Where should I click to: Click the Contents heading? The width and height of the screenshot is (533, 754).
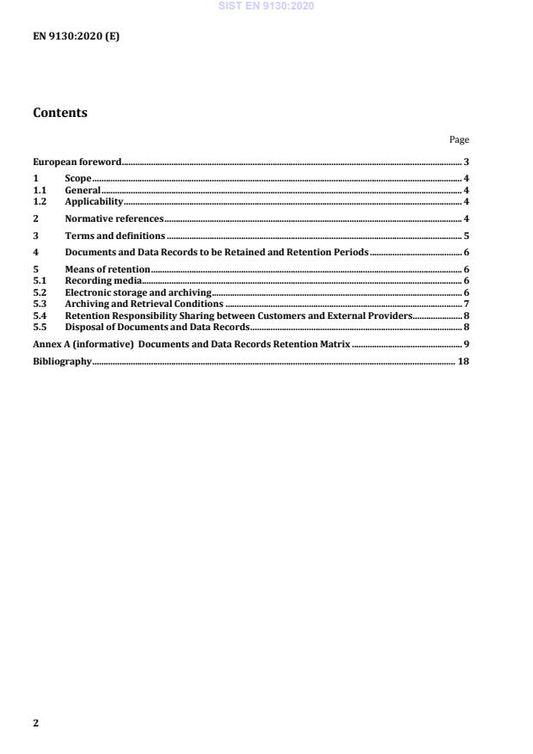59,113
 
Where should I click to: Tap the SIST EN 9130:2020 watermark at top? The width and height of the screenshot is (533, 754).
266,6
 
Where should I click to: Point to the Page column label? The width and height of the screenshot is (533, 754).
459,139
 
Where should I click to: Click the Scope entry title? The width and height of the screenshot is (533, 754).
78,178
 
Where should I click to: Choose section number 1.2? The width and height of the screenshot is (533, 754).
39,200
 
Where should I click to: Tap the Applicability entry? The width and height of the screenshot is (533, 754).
89,200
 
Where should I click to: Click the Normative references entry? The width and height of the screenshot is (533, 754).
114,218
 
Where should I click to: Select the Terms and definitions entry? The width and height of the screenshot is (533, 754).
115,236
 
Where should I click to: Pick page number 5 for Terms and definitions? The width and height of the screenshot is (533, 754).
466,236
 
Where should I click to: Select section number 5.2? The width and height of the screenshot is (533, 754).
39,292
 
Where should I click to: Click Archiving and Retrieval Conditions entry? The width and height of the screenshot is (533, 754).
144,303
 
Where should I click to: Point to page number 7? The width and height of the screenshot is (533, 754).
466,303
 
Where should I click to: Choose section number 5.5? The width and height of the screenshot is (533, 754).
39,326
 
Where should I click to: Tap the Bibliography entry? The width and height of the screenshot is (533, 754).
62,362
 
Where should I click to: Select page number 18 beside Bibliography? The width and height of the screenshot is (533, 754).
463,362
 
